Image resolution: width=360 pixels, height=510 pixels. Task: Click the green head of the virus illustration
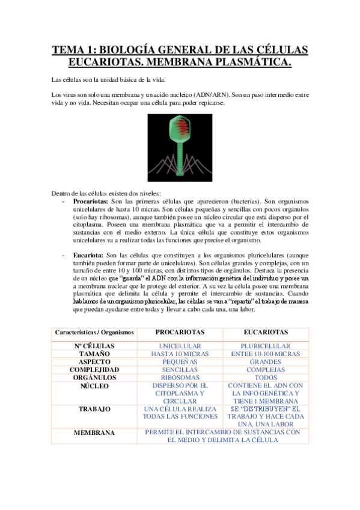click(x=180, y=131)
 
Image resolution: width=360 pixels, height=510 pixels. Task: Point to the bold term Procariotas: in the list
click(x=91, y=201)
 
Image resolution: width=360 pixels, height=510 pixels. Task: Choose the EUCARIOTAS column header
click(x=266, y=332)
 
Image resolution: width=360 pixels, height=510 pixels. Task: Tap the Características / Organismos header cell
click(x=94, y=333)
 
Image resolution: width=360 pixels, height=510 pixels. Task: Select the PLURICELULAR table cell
click(x=266, y=346)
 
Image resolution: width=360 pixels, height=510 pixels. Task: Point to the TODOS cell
click(x=266, y=378)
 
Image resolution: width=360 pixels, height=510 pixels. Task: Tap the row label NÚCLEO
click(x=94, y=386)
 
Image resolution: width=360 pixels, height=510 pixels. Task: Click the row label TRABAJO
click(x=94, y=409)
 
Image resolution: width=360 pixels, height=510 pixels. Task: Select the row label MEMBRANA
click(x=94, y=432)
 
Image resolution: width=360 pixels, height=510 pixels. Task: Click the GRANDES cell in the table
click(x=266, y=362)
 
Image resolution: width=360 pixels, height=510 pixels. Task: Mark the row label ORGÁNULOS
click(x=94, y=378)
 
